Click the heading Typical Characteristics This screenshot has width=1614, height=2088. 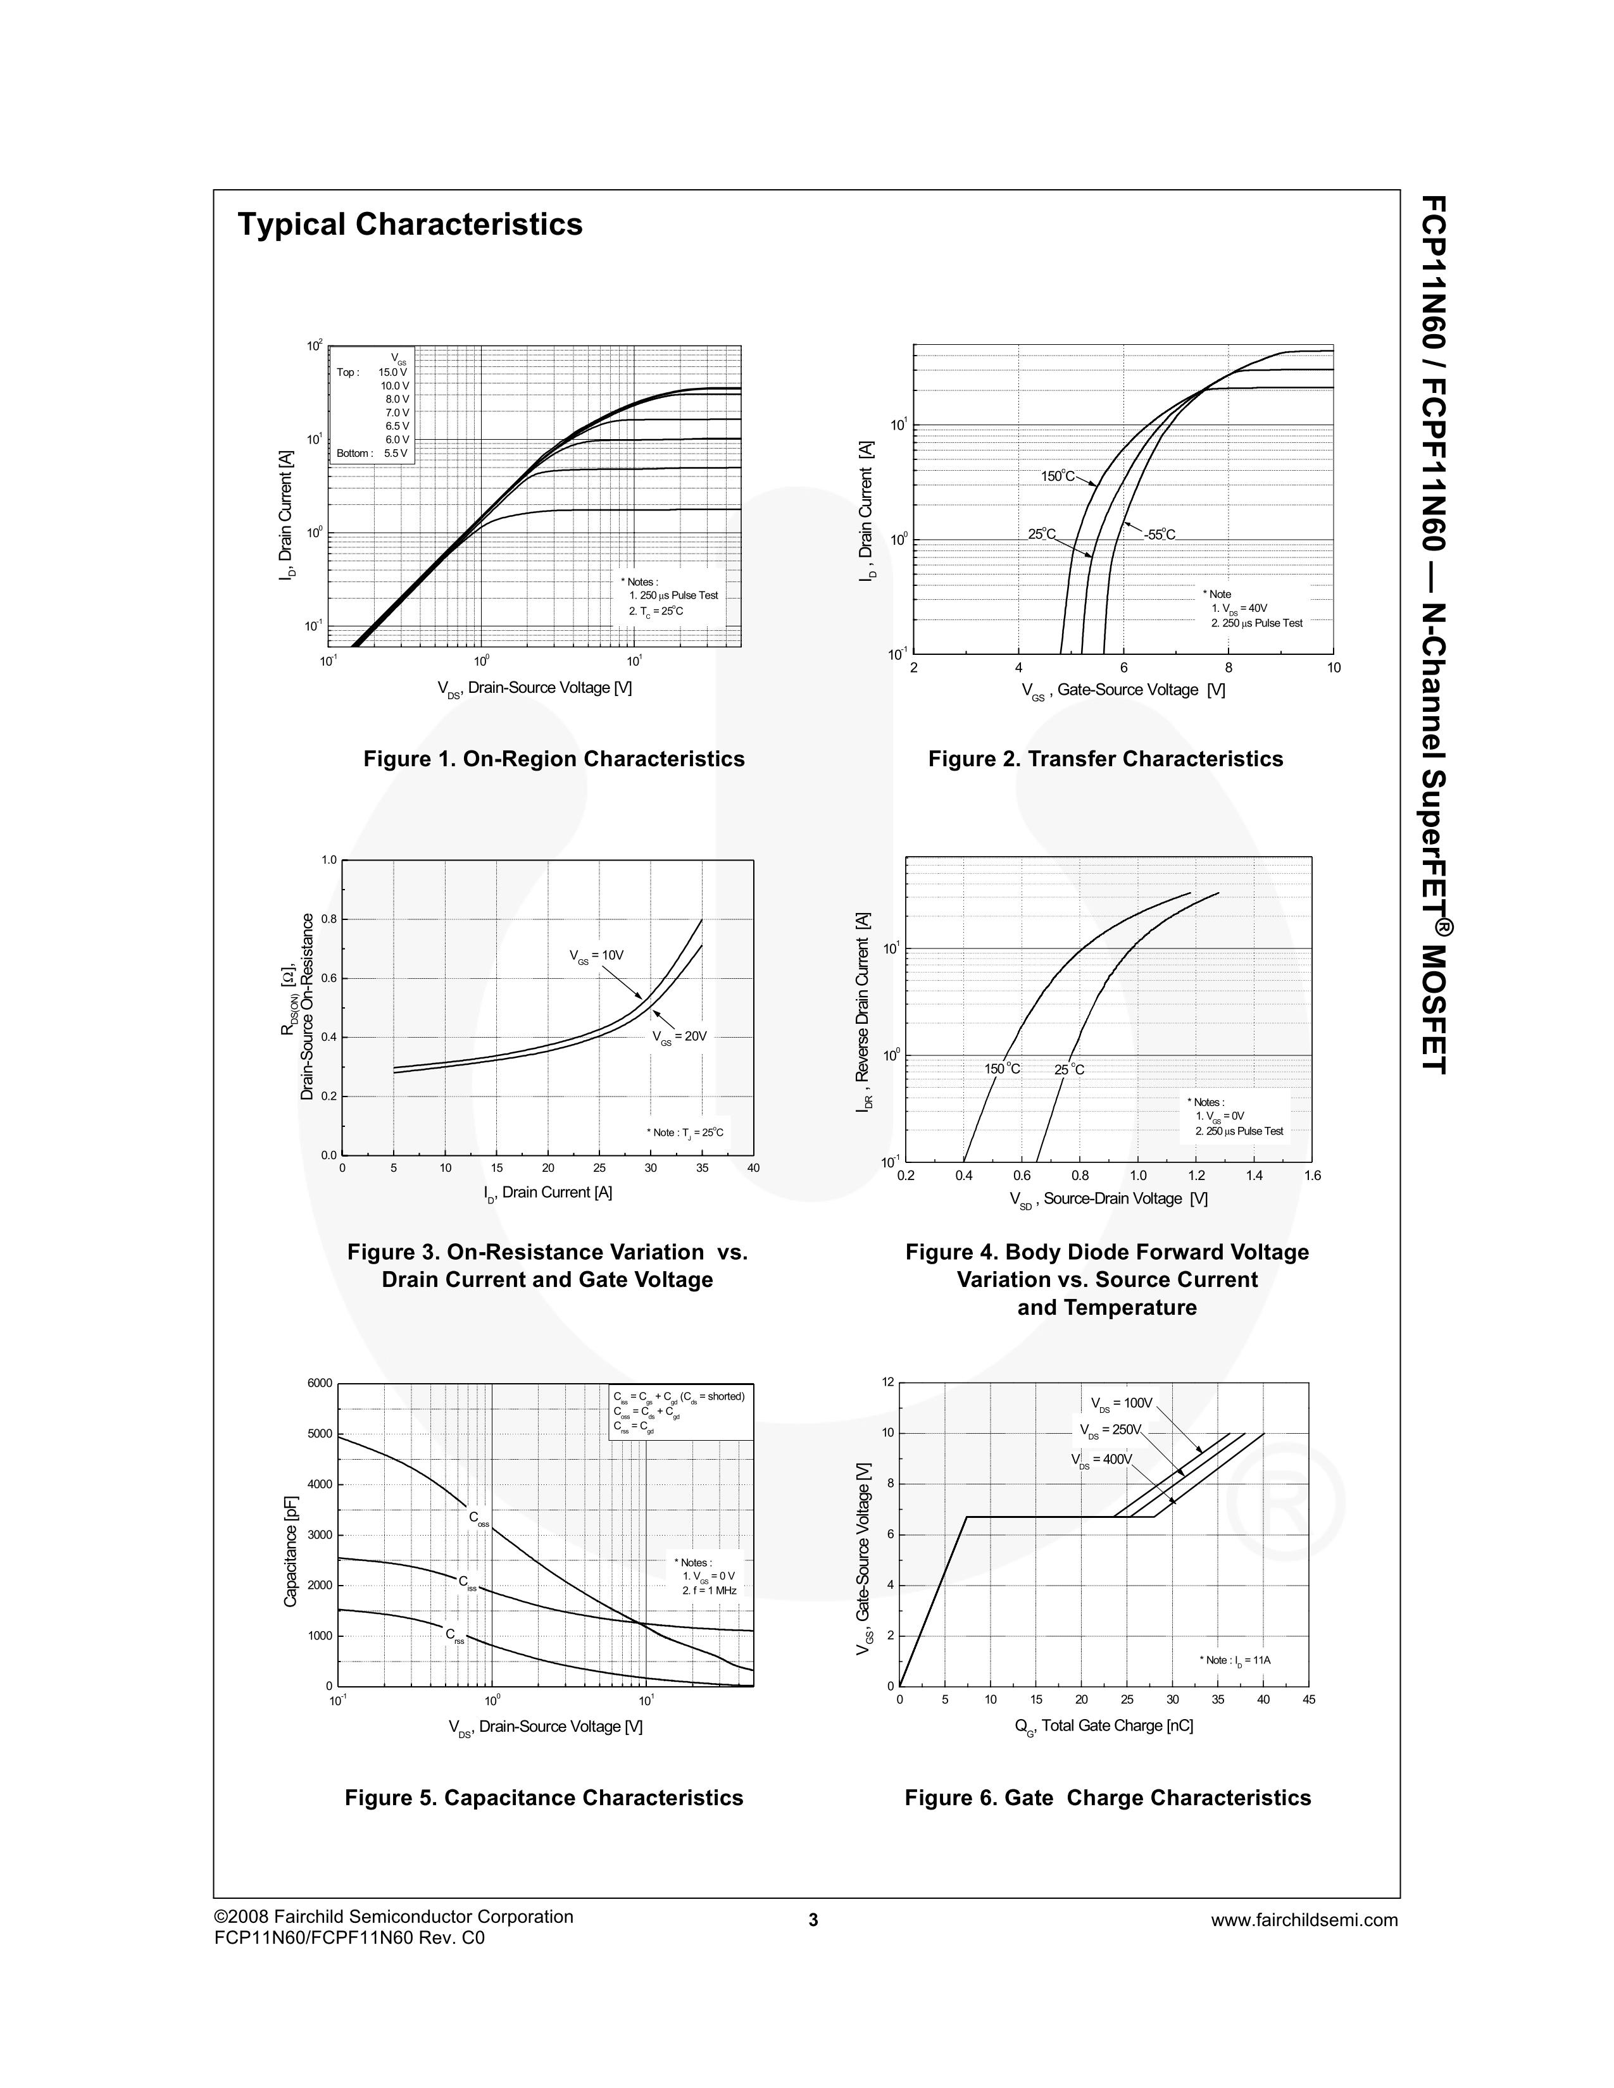pyautogui.click(x=410, y=225)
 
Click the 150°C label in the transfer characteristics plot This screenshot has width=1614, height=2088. pyautogui.click(x=1058, y=476)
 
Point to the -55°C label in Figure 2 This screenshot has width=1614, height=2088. pyautogui.click(x=1159, y=535)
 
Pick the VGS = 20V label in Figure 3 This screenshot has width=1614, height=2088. pyautogui.click(x=679, y=1036)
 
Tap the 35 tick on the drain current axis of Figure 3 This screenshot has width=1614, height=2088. pyautogui.click(x=702, y=1168)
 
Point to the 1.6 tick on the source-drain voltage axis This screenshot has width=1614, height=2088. pyautogui.click(x=1312, y=1176)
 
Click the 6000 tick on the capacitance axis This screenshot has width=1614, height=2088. pyautogui.click(x=320, y=1383)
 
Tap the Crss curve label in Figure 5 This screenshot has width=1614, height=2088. pyautogui.click(x=455, y=1635)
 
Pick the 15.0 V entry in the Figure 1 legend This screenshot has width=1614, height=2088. pyautogui.click(x=392, y=372)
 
